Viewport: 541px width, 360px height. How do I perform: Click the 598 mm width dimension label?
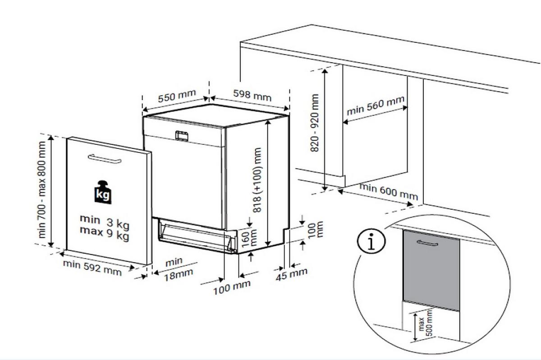pos(252,95)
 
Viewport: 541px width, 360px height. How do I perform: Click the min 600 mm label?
pos(389,192)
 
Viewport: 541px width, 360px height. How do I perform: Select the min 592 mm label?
pos(92,268)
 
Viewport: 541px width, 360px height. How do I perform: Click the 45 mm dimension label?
pos(291,273)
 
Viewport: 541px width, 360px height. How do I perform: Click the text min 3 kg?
pos(104,221)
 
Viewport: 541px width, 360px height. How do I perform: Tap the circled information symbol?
pos(371,242)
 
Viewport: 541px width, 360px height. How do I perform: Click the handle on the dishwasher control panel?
pos(182,135)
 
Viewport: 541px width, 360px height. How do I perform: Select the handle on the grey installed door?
pos(428,244)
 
